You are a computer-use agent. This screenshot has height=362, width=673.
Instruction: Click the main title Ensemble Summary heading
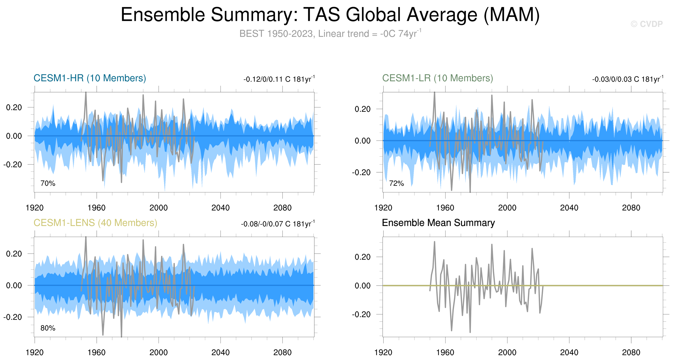(330, 15)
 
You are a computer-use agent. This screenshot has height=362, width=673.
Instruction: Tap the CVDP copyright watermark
(646, 24)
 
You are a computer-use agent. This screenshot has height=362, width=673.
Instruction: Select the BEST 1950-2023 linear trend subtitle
(330, 34)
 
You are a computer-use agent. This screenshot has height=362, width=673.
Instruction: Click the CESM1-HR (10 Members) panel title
(90, 78)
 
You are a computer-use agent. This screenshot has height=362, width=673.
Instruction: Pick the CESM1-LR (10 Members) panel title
(437, 78)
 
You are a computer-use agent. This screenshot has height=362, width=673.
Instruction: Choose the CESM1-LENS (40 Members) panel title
(95, 223)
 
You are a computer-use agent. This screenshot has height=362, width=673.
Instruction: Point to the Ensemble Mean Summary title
(438, 223)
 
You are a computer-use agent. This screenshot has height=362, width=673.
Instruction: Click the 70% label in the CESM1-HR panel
(48, 183)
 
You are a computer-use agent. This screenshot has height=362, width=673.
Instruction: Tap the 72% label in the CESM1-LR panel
(396, 183)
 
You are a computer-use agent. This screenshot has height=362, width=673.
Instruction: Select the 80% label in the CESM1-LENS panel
(48, 328)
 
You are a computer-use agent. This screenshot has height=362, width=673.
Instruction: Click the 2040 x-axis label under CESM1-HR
(220, 208)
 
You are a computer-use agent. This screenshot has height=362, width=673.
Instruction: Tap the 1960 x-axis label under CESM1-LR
(445, 208)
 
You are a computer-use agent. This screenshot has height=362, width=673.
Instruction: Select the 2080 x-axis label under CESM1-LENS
(282, 352)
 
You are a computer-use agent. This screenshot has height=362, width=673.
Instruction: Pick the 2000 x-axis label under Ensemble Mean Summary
(507, 352)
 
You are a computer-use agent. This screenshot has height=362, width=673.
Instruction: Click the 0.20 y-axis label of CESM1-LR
(362, 109)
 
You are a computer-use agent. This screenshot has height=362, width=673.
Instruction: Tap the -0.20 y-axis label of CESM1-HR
(13, 164)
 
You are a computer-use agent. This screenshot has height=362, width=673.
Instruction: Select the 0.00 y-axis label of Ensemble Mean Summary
(362, 286)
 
